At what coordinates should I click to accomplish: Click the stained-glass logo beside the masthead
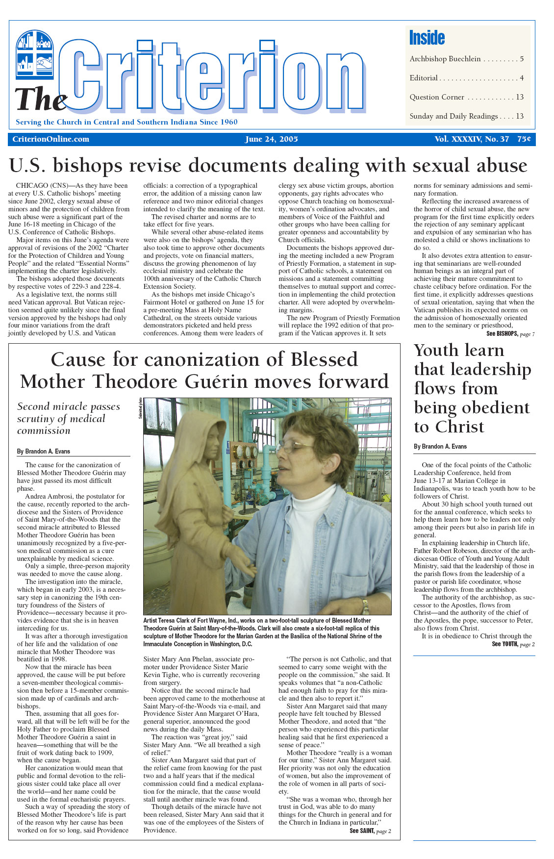click(x=35, y=54)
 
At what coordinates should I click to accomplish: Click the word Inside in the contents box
click(x=427, y=38)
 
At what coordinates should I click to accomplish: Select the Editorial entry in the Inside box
click(x=466, y=78)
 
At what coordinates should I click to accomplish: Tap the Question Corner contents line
click(x=466, y=97)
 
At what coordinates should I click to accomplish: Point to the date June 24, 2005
click(x=271, y=139)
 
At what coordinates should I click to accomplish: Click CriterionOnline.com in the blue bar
click(x=51, y=139)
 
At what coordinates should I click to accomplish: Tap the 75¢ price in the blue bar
click(x=524, y=139)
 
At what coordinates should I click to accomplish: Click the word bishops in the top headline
click(x=87, y=166)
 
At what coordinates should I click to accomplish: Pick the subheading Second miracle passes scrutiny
click(x=69, y=418)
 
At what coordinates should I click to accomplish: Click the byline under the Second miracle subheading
click(x=44, y=451)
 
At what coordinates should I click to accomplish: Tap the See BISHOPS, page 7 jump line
click(x=510, y=334)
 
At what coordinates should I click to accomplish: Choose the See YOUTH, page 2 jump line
click(x=513, y=644)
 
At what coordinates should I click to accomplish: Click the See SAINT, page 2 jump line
click(x=370, y=831)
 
